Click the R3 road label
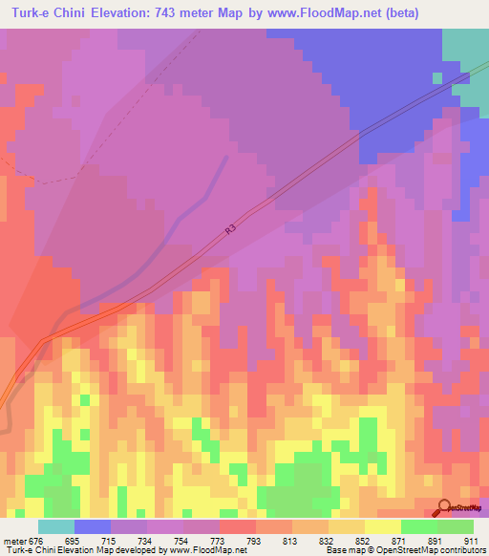[230, 229]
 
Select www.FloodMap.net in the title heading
[320, 14]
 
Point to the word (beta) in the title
[401, 14]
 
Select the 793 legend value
[254, 541]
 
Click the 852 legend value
[364, 541]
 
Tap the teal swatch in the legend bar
[56, 526]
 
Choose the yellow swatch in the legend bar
[383, 526]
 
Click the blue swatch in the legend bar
[93, 526]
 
